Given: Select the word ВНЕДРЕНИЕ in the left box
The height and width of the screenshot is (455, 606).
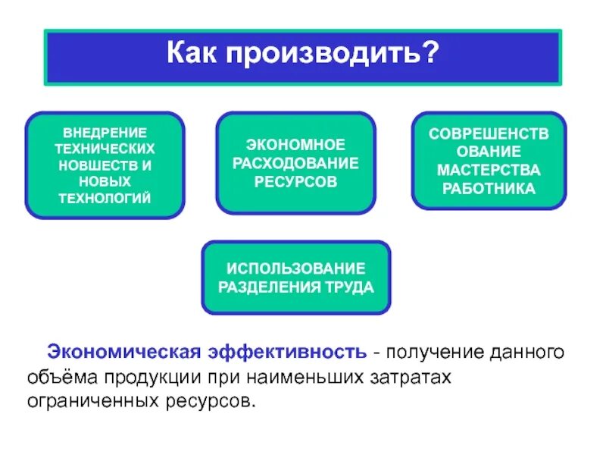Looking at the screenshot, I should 105,132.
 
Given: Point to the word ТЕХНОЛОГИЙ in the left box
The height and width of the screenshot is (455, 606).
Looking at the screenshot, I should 105,198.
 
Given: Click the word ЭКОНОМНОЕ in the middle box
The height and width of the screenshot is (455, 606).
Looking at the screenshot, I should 295,144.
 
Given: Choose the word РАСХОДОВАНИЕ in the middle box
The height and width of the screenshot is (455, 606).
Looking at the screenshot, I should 295,163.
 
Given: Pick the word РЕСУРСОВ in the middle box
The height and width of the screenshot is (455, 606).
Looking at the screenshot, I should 295,182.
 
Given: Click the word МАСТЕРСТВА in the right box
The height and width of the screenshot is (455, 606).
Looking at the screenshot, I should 489,169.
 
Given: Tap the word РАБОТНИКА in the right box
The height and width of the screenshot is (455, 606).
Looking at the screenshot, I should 489,188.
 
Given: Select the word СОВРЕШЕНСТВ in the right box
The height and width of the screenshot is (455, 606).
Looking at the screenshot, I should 489,133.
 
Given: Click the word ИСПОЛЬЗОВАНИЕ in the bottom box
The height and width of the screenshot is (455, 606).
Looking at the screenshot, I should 296,268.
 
